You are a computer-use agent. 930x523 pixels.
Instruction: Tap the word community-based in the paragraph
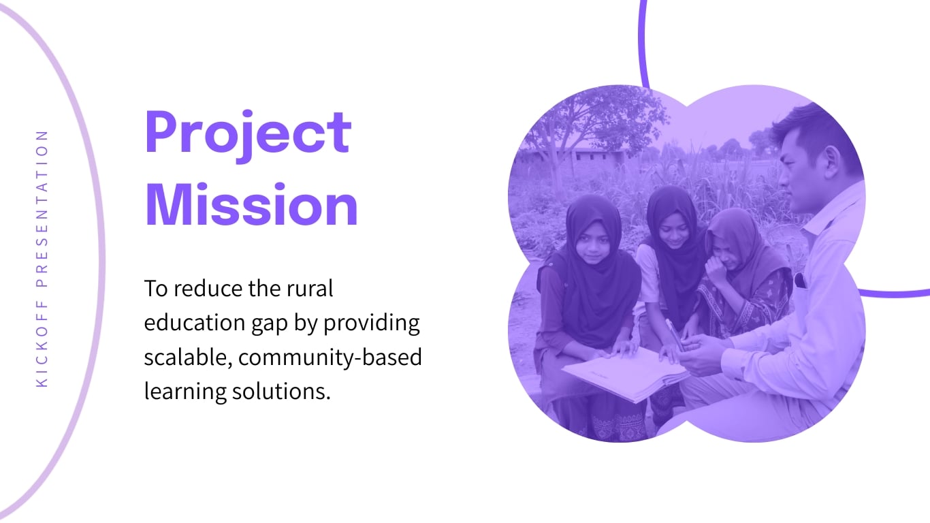330,358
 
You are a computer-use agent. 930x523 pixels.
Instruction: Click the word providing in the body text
372,323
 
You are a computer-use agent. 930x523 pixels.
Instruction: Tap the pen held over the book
675,334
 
